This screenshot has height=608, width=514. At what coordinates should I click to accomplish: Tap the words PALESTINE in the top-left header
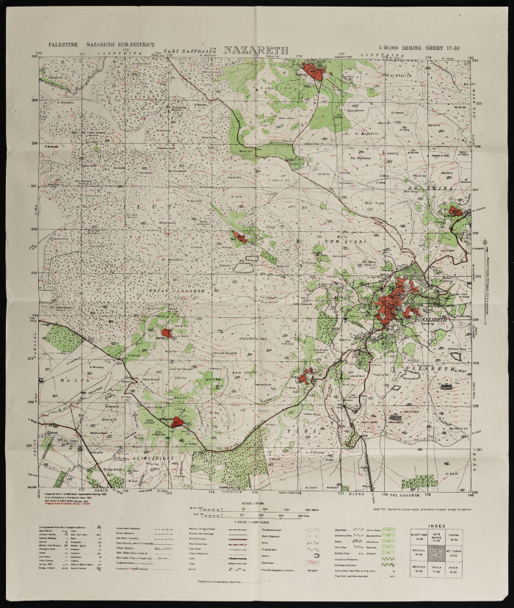62,46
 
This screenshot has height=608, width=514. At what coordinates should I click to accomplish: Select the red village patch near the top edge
315,72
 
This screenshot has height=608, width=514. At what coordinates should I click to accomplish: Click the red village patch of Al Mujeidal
177,421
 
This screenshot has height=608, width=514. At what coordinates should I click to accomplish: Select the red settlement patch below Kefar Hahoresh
167,333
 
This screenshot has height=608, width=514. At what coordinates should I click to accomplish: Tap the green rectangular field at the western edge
62,338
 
